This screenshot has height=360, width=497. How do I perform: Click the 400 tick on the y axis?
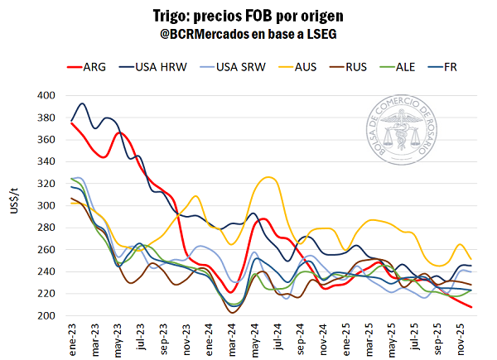tap(46, 95)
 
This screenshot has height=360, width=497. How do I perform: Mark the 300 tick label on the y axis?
tap(46, 205)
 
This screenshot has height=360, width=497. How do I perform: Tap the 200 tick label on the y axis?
tap(46, 315)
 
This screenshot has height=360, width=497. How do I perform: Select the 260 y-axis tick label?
tap(46, 249)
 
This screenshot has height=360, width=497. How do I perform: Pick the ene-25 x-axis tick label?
tap(346, 338)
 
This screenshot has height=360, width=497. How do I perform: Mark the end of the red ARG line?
tap(471, 307)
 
